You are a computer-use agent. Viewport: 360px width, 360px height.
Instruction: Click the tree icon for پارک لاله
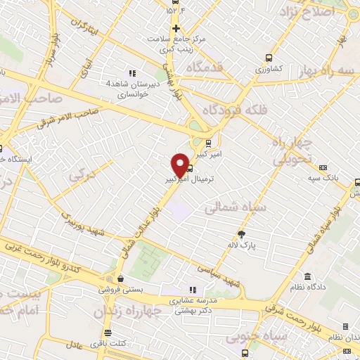tap(243, 233)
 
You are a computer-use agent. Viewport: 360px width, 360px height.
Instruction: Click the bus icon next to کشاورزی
tap(268, 58)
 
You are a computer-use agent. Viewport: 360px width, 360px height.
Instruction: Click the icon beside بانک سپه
tap(323, 167)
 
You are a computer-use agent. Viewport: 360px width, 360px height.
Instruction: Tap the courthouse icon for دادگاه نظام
tap(307, 276)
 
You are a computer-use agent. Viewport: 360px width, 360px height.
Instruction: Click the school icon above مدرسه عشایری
tap(193, 290)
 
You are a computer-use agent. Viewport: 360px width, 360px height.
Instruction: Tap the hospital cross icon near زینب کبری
tap(176, 27)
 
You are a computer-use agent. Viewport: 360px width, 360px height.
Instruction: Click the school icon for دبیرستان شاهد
tap(131, 72)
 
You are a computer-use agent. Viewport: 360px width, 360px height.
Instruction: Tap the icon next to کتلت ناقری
tap(108, 333)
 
